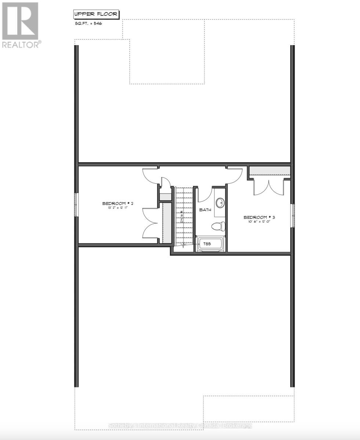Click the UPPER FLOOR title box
97,15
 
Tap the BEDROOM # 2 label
117,203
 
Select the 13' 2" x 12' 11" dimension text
117,208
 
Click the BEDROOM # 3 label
259,217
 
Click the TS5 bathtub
210,245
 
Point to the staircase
183,216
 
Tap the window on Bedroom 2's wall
76,204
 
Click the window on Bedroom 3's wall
293,215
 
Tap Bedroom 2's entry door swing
150,175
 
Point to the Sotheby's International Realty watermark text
180,426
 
